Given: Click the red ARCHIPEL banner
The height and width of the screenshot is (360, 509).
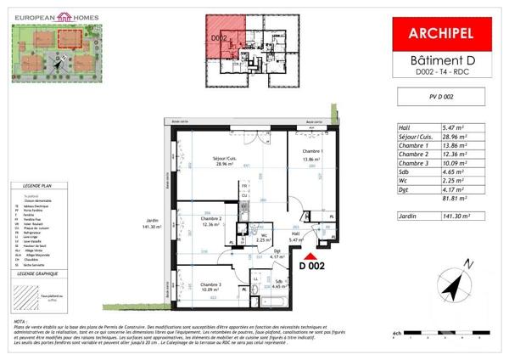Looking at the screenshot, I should (442, 35).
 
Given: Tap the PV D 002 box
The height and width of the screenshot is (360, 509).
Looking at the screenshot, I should (441, 98).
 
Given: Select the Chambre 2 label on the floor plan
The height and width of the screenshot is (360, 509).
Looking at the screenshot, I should (204, 220).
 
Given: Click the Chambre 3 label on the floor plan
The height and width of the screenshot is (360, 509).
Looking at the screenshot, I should (204, 285).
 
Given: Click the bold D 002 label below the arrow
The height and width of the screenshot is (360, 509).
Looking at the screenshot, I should (313, 265).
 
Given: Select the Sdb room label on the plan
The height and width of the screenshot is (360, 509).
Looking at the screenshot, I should (279, 283).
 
